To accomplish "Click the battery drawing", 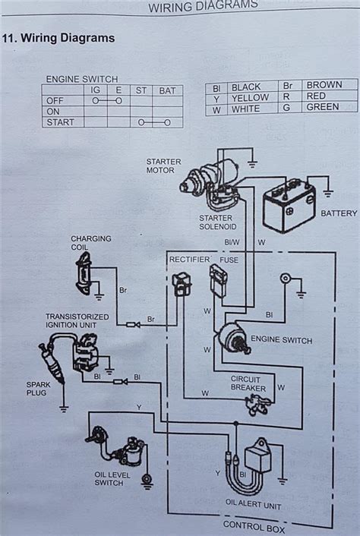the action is pyautogui.click(x=289, y=207).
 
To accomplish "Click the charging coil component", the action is pyautogui.click(x=84, y=273).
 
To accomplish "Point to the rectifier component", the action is pyautogui.click(x=182, y=284).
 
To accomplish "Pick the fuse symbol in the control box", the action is pyautogui.click(x=217, y=279).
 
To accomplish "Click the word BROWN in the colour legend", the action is pyautogui.click(x=324, y=85).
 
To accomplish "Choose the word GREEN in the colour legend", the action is pyautogui.click(x=322, y=107).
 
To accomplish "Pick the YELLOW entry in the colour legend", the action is pyautogui.click(x=251, y=98).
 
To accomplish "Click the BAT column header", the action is pyautogui.click(x=167, y=91).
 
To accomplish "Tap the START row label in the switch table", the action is pyautogui.click(x=60, y=122).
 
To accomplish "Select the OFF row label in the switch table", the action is pyautogui.click(x=55, y=101).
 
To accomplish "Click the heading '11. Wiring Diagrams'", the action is pyautogui.click(x=58, y=38).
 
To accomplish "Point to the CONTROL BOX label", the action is pyautogui.click(x=254, y=527).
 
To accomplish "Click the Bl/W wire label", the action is pyautogui.click(x=232, y=242).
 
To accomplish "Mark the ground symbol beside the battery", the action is pyautogui.click(x=327, y=194).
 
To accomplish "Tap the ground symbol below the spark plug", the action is pyautogui.click(x=64, y=408).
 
